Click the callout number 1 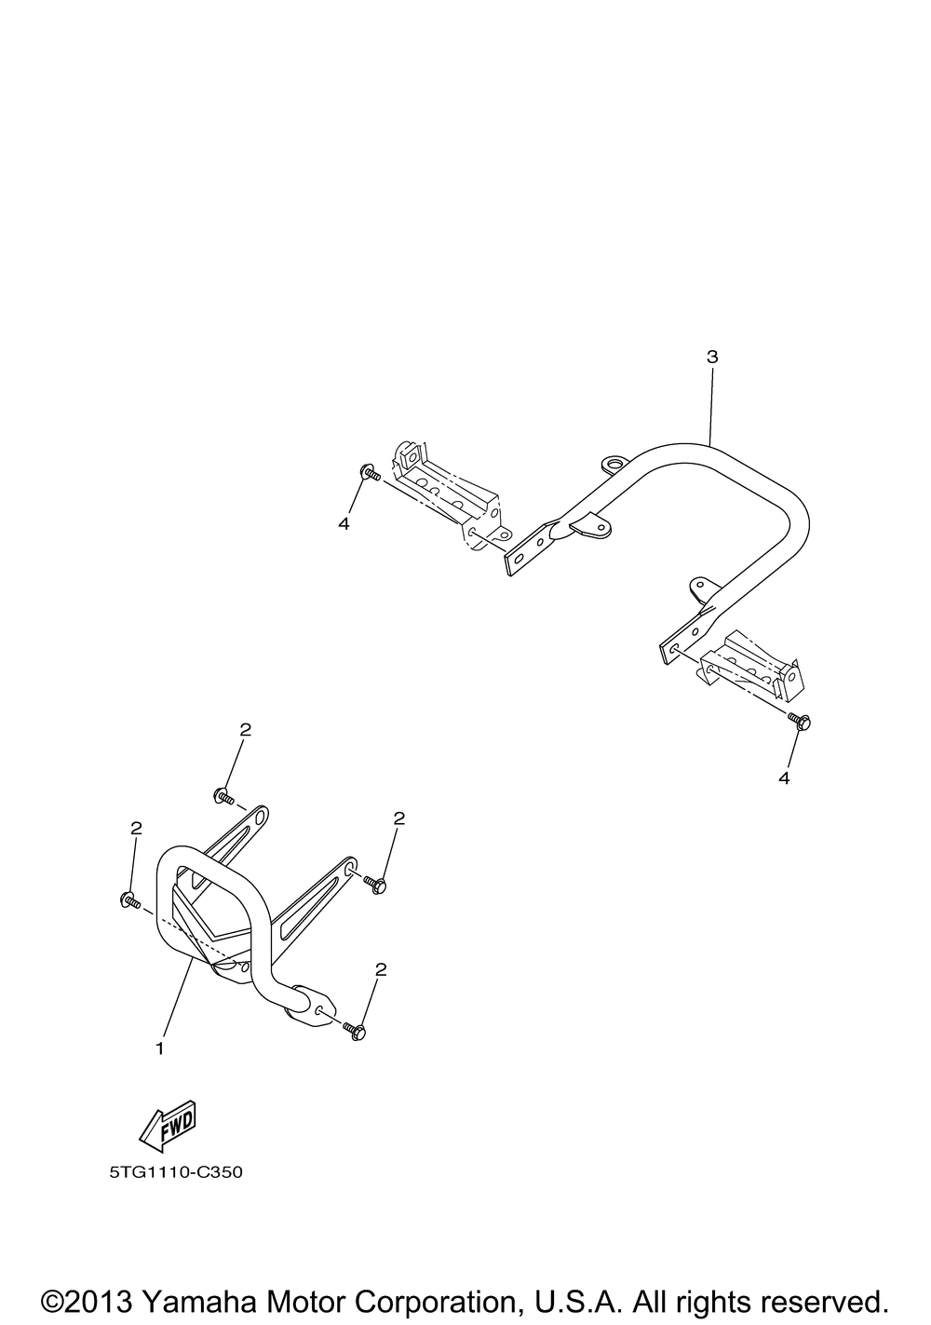click(x=160, y=1048)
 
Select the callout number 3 click(x=712, y=357)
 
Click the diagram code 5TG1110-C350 click(x=175, y=1172)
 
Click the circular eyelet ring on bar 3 click(x=614, y=463)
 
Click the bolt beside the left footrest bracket click(x=369, y=473)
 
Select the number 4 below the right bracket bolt click(x=784, y=778)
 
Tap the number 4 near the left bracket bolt click(x=344, y=524)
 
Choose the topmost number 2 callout click(x=245, y=730)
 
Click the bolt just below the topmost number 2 click(x=223, y=795)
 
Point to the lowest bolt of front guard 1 click(x=356, y=1030)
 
